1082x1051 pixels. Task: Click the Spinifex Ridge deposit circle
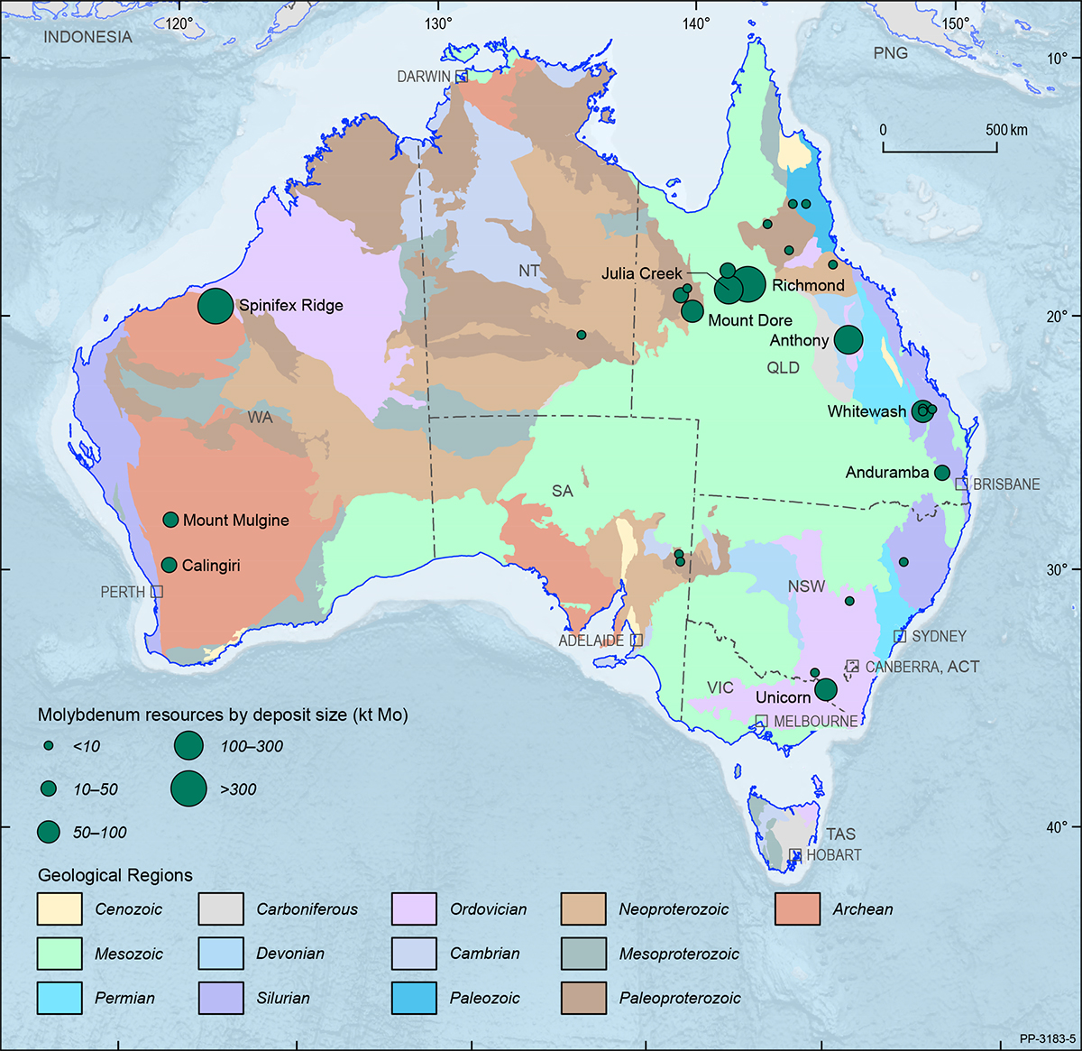[215, 306]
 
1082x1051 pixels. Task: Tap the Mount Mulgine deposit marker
[170, 520]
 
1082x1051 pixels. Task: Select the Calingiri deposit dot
[169, 565]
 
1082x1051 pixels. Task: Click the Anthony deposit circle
[848, 339]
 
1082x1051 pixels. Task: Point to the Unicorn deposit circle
[826, 690]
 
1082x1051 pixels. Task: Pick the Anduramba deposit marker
[942, 473]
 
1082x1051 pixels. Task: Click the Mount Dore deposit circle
[692, 311]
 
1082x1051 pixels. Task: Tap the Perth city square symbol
[157, 591]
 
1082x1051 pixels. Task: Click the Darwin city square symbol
[461, 76]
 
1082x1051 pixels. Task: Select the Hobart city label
[833, 854]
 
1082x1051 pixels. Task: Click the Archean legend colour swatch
[797, 909]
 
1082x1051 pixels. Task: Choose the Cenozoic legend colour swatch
[60, 909]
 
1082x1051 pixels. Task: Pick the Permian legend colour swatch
[60, 998]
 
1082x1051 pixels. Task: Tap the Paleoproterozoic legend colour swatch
[583, 998]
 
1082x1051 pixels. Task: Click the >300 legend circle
[188, 788]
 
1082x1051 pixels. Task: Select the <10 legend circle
[49, 746]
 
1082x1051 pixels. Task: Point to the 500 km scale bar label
[1006, 130]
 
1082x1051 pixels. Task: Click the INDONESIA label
[87, 37]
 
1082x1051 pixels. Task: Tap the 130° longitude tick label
[438, 23]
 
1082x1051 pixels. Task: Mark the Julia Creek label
[642, 273]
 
